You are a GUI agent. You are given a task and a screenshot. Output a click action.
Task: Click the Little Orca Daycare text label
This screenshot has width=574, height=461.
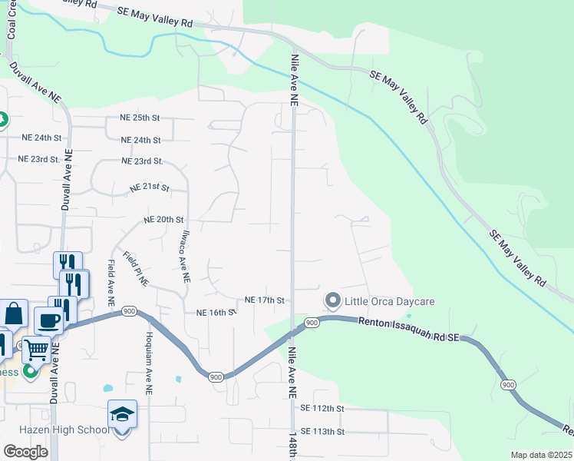coord(389,301)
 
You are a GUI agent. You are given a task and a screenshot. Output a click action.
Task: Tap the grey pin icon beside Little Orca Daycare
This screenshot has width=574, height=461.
coord(332,300)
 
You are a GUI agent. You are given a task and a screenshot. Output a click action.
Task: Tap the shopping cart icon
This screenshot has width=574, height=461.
coord(37,350)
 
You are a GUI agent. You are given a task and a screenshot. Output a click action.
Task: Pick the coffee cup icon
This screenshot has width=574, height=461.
coord(48,320)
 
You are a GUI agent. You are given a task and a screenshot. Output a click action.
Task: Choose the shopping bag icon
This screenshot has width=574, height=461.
coord(14,313)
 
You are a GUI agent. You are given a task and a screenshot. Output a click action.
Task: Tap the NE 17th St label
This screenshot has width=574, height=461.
coord(264,300)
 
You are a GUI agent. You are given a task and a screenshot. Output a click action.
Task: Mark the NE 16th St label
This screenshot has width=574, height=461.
coord(215,313)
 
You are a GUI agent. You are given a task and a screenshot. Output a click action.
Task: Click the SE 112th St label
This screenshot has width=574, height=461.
coord(323,408)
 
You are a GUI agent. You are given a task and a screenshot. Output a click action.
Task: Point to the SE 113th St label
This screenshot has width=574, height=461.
coord(323,432)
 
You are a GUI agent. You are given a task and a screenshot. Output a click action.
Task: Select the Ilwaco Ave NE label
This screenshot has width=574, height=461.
coord(185,258)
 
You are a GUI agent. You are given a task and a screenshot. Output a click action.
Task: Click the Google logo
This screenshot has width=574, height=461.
coord(25,452)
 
